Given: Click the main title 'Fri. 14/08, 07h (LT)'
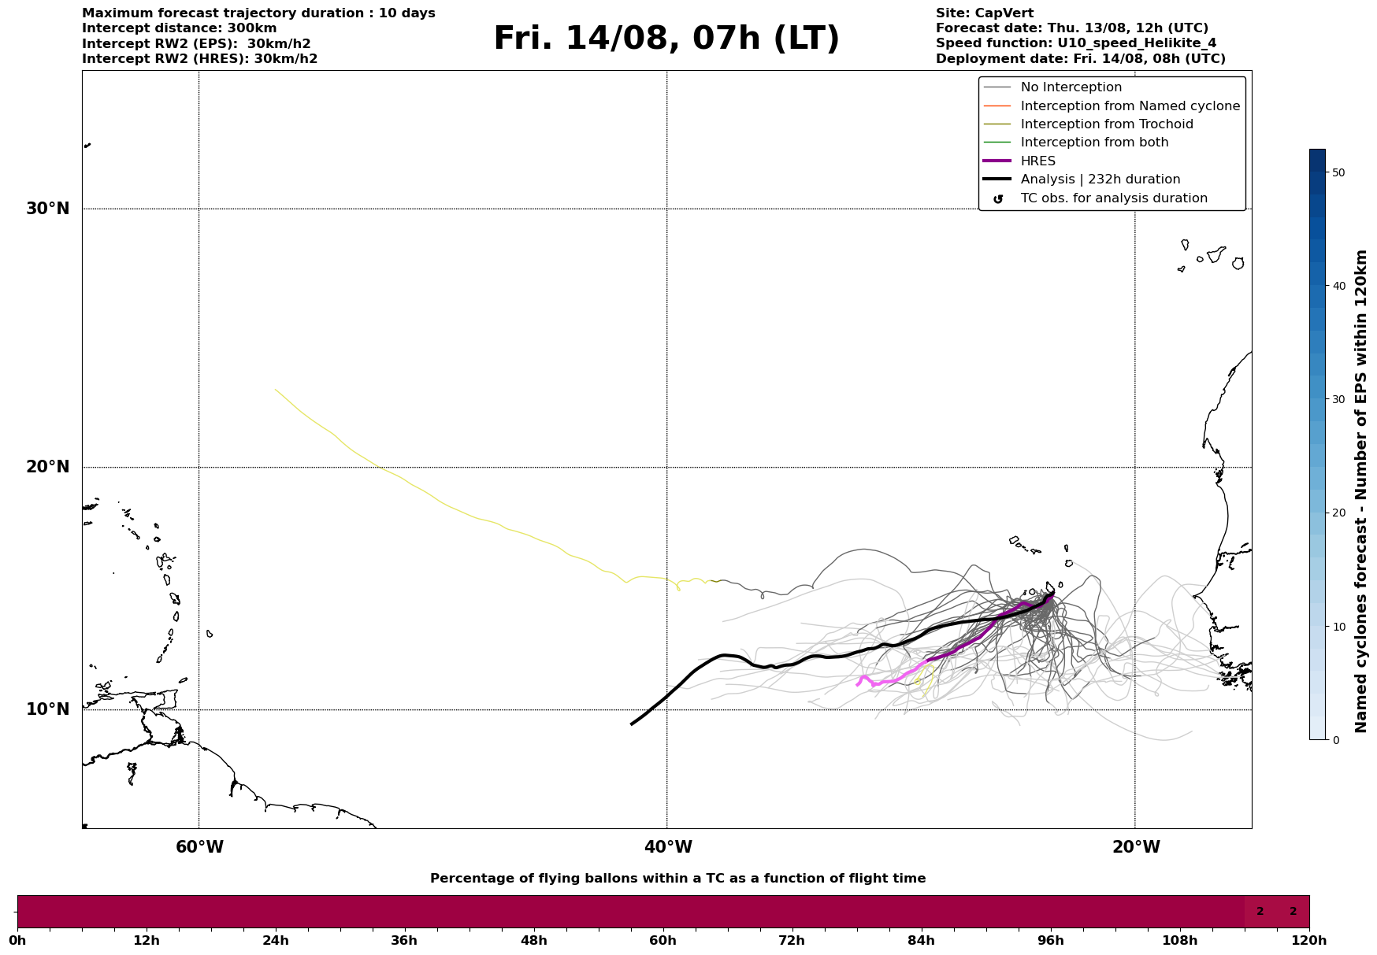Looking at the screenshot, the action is point(666,39).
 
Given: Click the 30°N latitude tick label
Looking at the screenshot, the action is point(48,209).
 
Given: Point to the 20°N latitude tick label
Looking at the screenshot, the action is point(48,467).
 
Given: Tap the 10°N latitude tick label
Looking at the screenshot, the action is point(48,709).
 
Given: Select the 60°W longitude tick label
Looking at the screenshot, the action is point(199,847).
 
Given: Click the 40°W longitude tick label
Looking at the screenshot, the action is point(668,847).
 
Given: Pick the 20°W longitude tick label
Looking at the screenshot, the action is point(1136,847).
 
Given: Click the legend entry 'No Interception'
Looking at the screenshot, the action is point(1071,87).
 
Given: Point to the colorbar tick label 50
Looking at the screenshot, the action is point(1338,172).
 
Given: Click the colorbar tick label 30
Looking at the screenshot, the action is point(1338,399).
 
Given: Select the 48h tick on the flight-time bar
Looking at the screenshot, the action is point(533,940).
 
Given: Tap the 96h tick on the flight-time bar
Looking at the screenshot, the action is point(1050,940).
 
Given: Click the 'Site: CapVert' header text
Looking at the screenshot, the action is point(985,13).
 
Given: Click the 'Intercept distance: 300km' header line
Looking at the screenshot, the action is point(180,28).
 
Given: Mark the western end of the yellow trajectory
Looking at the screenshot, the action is point(275,389).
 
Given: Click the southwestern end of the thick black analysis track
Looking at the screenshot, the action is point(632,724).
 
